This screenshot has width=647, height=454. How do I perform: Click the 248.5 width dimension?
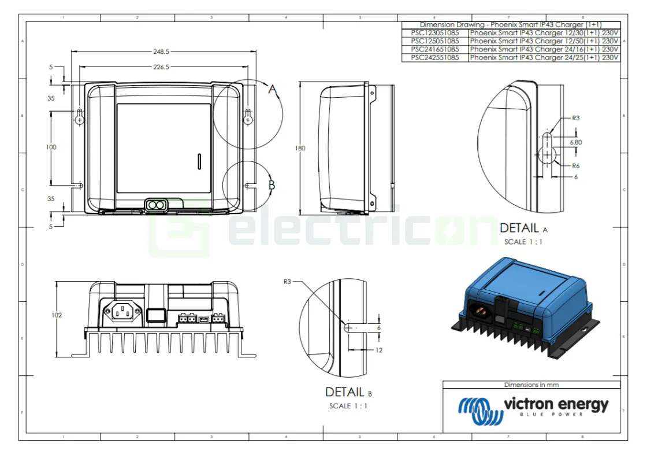tap(161, 51)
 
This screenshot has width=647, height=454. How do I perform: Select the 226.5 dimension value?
tap(161, 67)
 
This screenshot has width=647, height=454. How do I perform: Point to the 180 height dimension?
tap(300, 148)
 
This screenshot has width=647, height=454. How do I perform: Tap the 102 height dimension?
tap(56, 315)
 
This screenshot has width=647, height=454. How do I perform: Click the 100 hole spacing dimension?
tap(51, 147)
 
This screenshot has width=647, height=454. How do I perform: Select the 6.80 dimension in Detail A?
tap(575, 141)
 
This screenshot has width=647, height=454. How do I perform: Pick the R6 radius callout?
tap(575, 165)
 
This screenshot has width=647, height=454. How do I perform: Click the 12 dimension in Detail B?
tap(379, 350)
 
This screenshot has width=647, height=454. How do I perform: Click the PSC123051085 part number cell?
tap(435, 33)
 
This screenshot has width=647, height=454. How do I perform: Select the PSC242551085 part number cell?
tap(435, 58)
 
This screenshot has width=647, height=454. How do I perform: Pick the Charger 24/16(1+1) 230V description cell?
tap(544, 49)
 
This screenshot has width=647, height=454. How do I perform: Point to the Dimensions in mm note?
tap(531, 385)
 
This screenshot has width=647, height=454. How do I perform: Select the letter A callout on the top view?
tap(273, 89)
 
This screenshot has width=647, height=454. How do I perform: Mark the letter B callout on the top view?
tap(272, 186)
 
